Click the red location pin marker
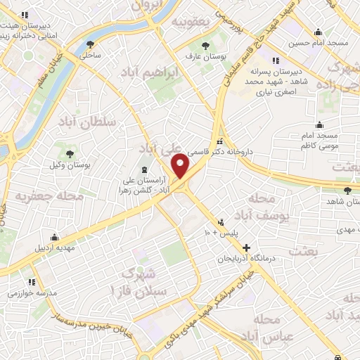(x=181, y=167)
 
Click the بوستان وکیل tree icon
(x=69, y=153)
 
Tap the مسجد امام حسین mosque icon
(x=319, y=32)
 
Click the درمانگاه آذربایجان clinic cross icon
(x=245, y=247)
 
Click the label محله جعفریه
(x=49, y=196)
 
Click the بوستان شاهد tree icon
(x=348, y=190)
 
